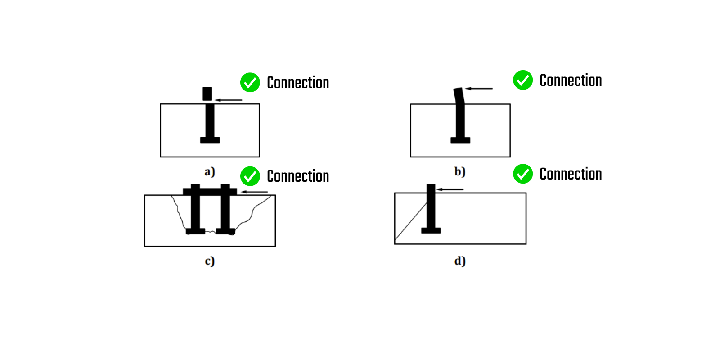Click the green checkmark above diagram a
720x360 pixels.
pos(250,82)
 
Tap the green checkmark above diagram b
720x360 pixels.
pos(523,80)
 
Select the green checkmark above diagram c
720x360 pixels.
pos(250,176)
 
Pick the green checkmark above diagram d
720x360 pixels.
pos(523,174)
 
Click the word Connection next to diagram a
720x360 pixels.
pos(298,83)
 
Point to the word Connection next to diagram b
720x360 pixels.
pos(571,81)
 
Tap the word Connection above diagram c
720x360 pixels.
pos(298,176)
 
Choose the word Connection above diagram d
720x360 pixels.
pos(571,174)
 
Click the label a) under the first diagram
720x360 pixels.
pos(210,171)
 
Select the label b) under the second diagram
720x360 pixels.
pos(459,171)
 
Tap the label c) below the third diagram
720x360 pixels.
pos(210,261)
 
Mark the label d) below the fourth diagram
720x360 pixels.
pos(459,261)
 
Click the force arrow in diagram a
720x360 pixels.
pos(229,100)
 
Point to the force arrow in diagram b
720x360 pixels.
pos(479,89)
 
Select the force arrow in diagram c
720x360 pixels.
pos(254,192)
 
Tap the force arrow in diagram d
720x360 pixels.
pos(450,189)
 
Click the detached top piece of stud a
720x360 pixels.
pos(207,94)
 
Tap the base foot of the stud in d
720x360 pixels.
pos(431,230)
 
